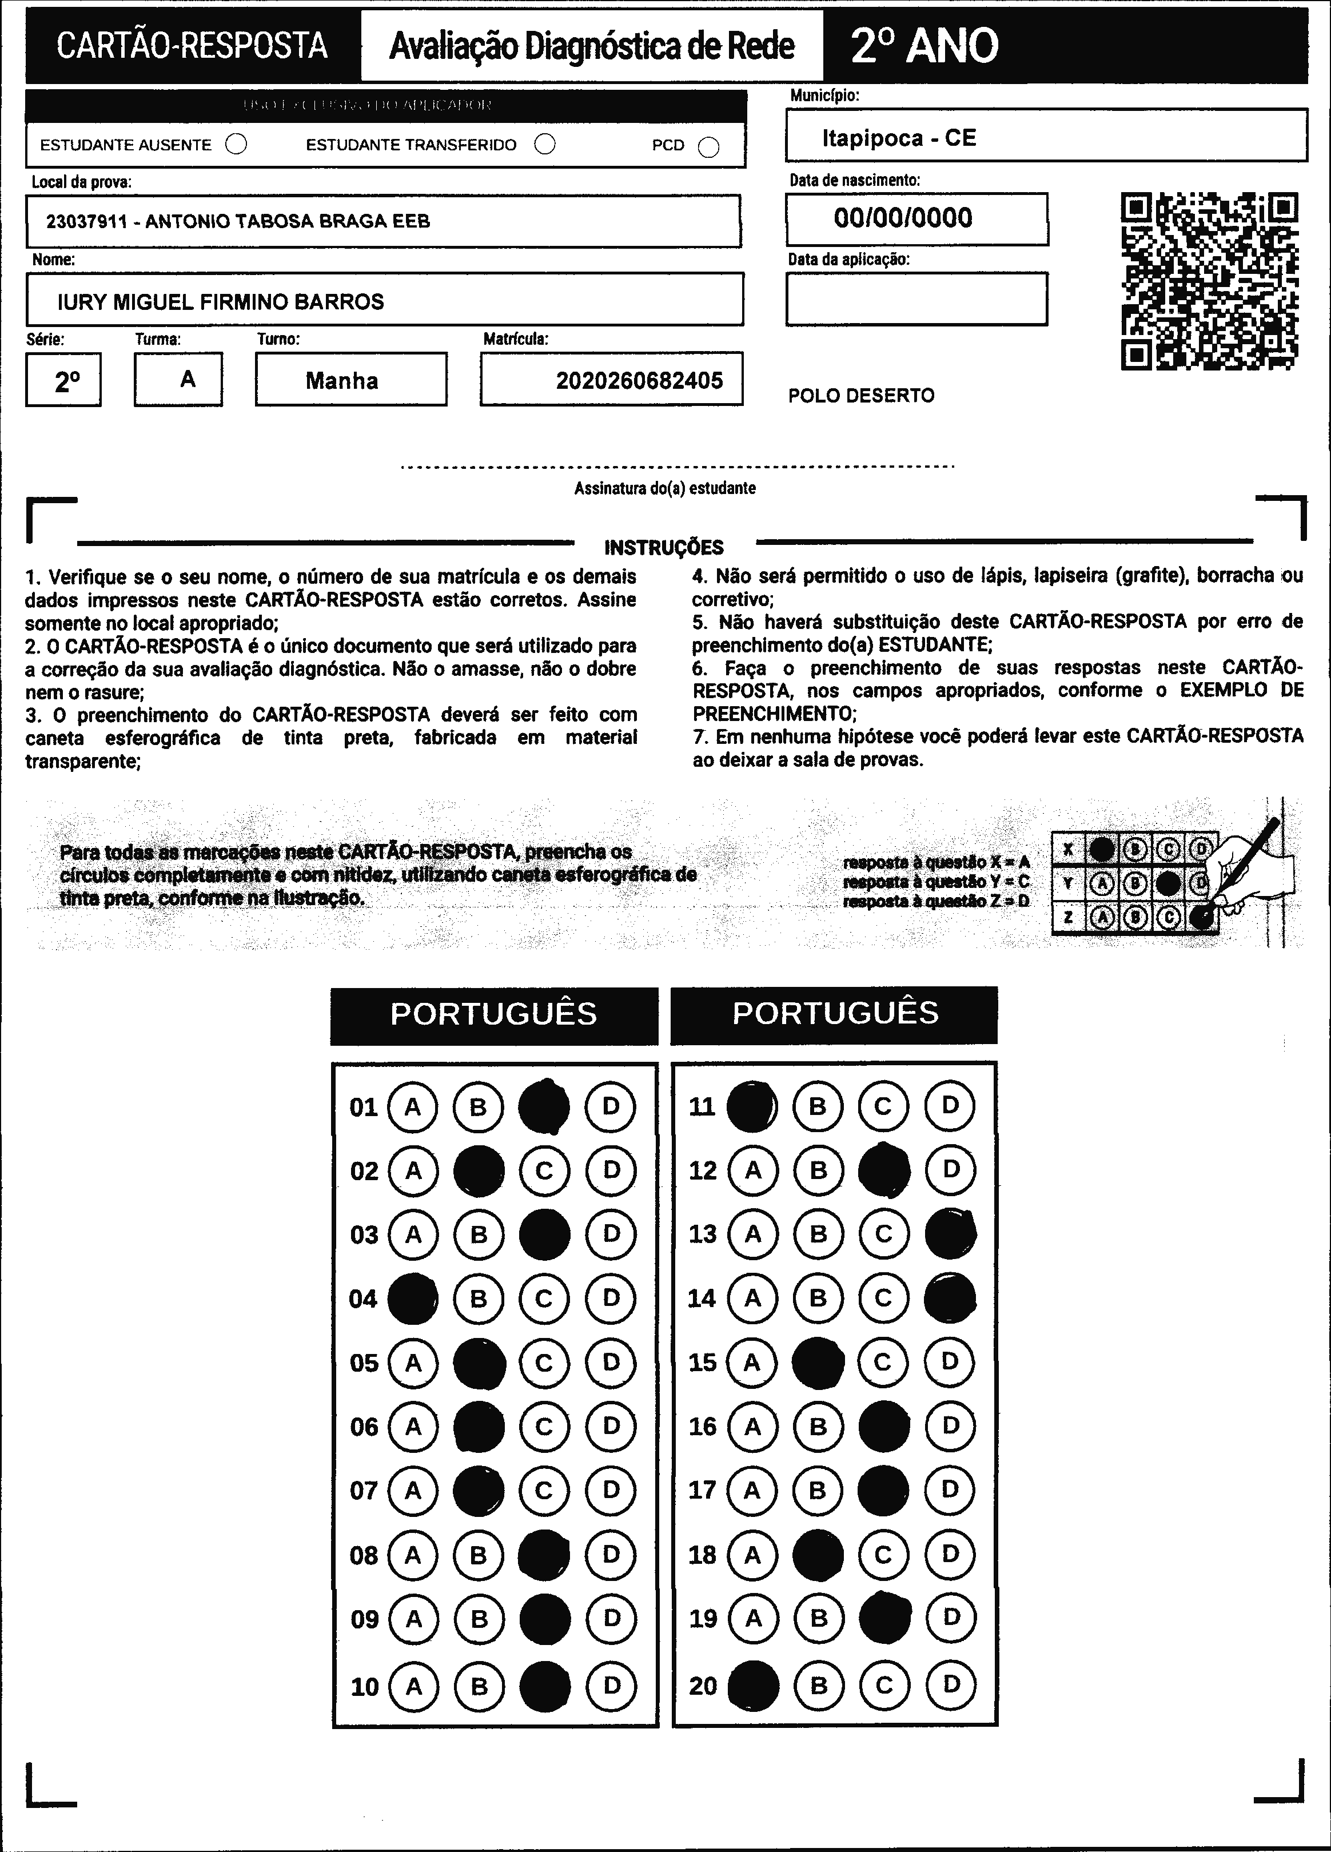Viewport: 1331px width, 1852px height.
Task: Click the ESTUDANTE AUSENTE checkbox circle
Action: click(x=236, y=145)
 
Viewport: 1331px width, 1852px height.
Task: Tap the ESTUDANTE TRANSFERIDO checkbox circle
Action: click(x=545, y=145)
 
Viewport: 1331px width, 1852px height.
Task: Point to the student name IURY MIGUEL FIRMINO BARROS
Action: click(x=221, y=302)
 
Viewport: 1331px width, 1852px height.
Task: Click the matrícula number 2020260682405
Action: click(x=639, y=381)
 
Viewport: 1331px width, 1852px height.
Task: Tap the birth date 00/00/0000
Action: click(x=903, y=218)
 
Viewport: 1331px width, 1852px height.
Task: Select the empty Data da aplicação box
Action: click(x=916, y=299)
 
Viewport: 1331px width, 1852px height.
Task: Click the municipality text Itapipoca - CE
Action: click(x=899, y=138)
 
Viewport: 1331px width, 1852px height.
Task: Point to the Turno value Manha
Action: click(x=342, y=381)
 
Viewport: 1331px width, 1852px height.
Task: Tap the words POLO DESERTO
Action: click(x=860, y=396)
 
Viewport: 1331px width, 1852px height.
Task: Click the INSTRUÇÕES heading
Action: click(x=664, y=547)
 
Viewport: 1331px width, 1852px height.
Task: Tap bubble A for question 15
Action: click(x=752, y=1362)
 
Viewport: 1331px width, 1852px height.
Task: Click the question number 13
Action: click(x=702, y=1234)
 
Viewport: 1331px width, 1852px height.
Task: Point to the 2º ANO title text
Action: click(x=924, y=46)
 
